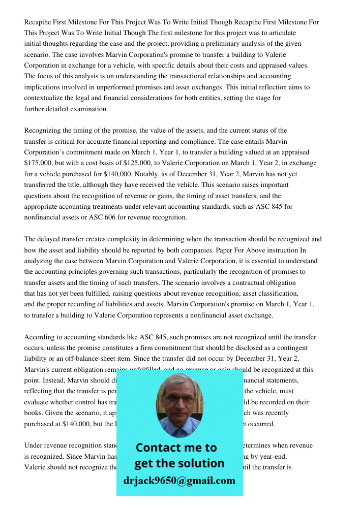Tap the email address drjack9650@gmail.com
pyautogui.click(x=179, y=480)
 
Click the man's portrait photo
pyautogui.click(x=179, y=404)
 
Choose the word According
pyautogui.click(x=43, y=337)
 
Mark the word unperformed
pyautogui.click(x=123, y=87)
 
